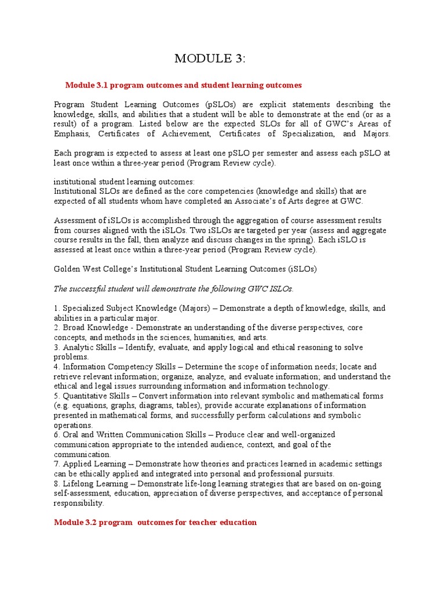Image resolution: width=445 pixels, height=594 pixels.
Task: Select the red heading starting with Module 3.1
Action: point(184,85)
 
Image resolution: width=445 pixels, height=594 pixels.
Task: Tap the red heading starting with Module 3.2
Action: point(155,522)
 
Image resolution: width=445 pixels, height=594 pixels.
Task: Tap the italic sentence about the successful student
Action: point(174,288)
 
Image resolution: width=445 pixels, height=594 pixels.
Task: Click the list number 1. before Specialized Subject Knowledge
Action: point(57,308)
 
